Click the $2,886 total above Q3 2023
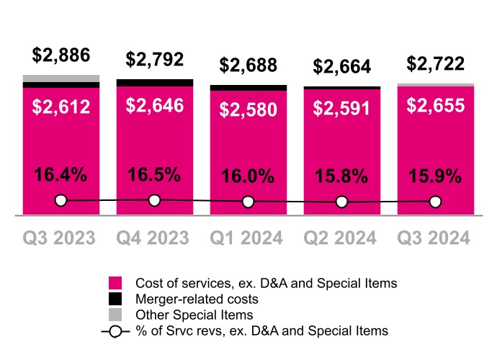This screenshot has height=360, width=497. tap(61, 55)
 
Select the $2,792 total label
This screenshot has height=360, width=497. tap(155, 59)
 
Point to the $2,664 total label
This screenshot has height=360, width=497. tap(342, 67)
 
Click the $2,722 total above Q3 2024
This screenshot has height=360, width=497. tap(436, 63)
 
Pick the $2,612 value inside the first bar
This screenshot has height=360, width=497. tap(61, 107)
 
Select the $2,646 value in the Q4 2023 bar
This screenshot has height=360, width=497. tap(155, 106)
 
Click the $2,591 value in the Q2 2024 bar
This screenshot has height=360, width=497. tap(342, 109)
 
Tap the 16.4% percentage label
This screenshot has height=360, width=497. tap(61, 175)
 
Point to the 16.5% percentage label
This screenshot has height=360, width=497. tap(155, 175)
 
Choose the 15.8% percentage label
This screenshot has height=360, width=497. tap(342, 176)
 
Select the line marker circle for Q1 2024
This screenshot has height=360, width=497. tap(248, 202)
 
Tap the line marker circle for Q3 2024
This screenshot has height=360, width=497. tap(436, 202)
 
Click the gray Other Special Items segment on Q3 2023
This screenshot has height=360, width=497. tap(61, 78)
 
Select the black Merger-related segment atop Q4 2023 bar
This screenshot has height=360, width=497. tap(155, 83)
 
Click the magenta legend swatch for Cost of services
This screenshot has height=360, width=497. tap(116, 284)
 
